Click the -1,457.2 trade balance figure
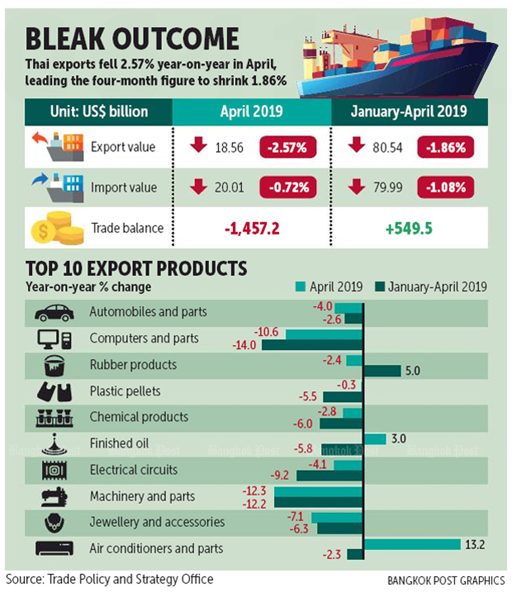pos(251,228)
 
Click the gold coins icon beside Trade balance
pos(55,228)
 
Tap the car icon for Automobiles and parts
pos(54,312)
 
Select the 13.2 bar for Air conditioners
pos(413,544)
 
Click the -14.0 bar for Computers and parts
pos(313,345)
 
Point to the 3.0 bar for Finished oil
pos(375,438)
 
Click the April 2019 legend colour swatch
pos(299,287)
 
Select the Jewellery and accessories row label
pos(157,522)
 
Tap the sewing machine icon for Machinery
pos(54,496)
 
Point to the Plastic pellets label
pos(125,391)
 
